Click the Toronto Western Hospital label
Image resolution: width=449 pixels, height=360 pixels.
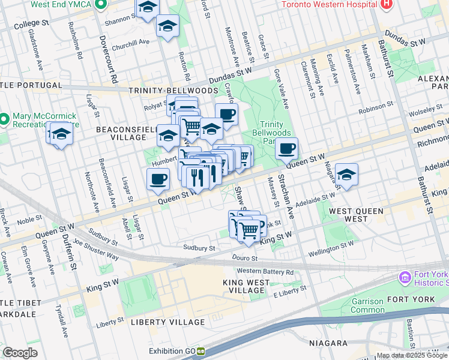(330, 4)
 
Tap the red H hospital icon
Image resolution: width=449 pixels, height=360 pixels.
(387, 4)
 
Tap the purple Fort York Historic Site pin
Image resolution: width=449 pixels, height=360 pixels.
(404, 278)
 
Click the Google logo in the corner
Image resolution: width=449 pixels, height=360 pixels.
(20, 353)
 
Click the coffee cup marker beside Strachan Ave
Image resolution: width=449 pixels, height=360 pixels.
(287, 148)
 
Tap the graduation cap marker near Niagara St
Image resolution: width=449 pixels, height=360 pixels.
(346, 174)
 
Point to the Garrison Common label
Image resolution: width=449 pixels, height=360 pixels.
(367, 306)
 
